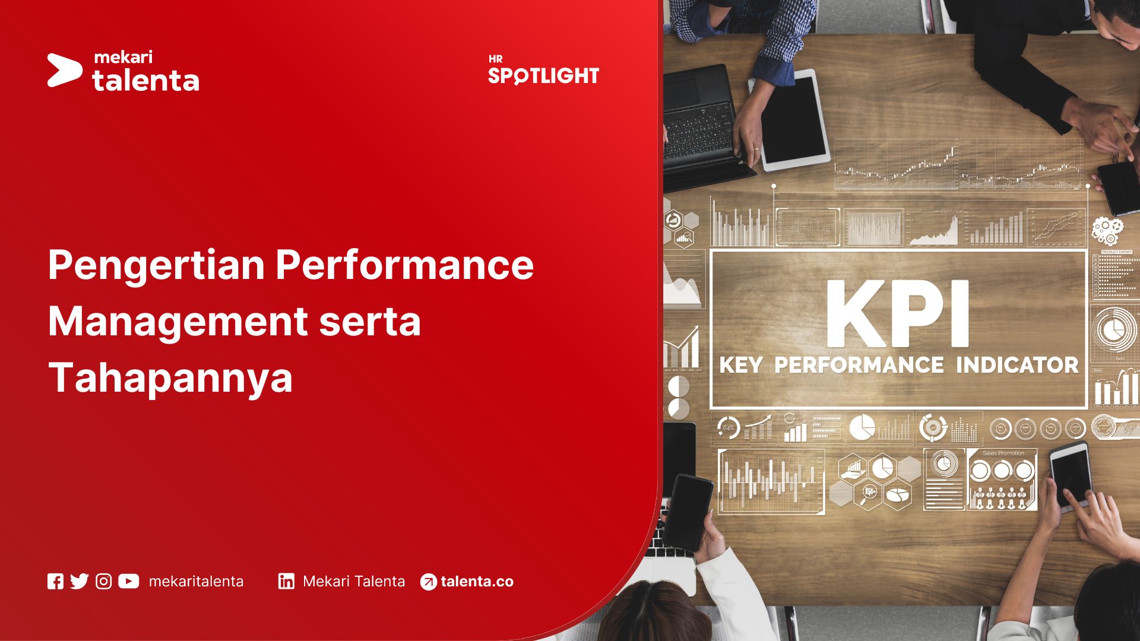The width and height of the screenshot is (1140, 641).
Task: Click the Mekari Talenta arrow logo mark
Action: (64, 70)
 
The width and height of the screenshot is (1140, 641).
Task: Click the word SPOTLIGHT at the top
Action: (543, 76)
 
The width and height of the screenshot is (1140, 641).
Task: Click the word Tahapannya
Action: (170, 378)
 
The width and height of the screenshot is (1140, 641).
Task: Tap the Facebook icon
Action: (55, 582)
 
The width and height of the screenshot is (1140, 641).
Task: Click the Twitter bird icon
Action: (79, 582)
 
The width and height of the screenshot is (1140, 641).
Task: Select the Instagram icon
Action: (104, 582)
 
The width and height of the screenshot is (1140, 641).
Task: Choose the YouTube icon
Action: (128, 582)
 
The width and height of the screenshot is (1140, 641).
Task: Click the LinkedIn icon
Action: (286, 582)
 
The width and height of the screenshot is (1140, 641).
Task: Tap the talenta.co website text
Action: (477, 582)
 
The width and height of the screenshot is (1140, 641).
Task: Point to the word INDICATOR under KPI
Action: (1017, 365)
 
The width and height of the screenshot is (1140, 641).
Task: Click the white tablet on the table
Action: (793, 119)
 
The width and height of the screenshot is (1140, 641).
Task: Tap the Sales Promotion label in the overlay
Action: (1003, 453)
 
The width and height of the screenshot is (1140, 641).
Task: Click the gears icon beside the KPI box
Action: (1107, 230)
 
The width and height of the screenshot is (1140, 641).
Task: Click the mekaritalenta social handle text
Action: (196, 582)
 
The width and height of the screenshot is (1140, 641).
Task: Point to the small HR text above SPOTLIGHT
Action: (496, 59)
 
